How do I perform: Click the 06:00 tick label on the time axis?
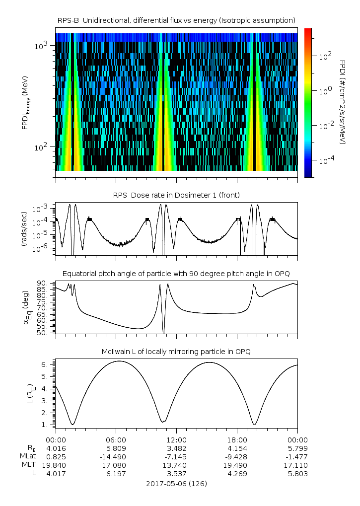pos(116,440)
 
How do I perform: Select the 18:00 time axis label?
pos(237,440)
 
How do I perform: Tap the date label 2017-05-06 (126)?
pos(176,483)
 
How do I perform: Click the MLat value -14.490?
pos(116,456)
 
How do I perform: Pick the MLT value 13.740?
pos(176,465)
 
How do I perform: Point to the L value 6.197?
pos(116,474)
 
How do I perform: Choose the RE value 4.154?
pos(237,448)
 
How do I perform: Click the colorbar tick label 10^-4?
pos(325,161)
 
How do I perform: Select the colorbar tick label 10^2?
pos(325,56)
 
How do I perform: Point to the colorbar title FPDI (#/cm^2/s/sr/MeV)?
pos(343,102)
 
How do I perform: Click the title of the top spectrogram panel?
pos(176,20)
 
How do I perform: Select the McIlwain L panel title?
pos(176,352)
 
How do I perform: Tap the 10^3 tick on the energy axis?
pos(40,46)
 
